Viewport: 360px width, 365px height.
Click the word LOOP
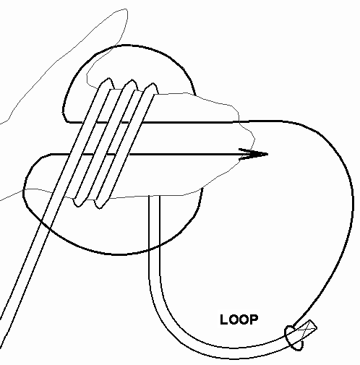tap(239, 319)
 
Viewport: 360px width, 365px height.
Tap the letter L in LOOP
tap(223, 319)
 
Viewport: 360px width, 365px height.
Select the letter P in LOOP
tap(254, 319)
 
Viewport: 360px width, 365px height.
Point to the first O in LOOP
tap(233, 319)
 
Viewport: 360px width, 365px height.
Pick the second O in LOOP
tap(243, 319)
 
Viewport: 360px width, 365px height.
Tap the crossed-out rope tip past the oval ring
tap(306, 328)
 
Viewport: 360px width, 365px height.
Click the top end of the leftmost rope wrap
tap(108, 80)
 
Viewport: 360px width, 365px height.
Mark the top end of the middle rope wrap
tap(131, 81)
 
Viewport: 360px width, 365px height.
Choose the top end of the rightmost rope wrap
tap(153, 84)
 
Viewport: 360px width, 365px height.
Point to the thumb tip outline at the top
tap(125, 10)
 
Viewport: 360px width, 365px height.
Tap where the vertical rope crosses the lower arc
tap(154, 248)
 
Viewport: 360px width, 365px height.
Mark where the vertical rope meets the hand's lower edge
tap(154, 196)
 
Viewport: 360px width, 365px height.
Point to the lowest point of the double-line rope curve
tap(231, 353)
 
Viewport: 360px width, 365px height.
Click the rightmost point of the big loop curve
tap(353, 197)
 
